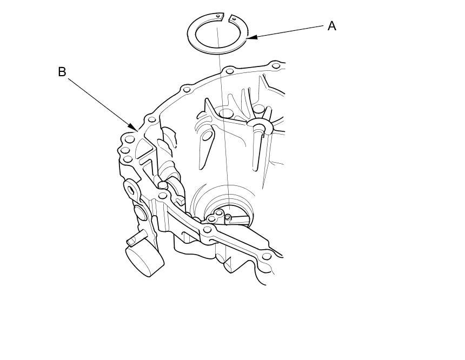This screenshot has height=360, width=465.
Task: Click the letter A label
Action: coord(332,26)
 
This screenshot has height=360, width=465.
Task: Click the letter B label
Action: coord(62,72)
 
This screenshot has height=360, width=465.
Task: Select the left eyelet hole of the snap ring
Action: coord(218,17)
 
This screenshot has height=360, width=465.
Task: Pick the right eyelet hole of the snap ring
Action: coord(234,19)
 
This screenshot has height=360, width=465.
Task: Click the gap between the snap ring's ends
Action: coord(226,17)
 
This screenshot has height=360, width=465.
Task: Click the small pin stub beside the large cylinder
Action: coord(132,239)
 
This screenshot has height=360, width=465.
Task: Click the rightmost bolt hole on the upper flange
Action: coord(276,65)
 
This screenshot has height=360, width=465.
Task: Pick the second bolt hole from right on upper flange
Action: coord(230,71)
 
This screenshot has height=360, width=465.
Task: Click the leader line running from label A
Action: coord(289,31)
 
